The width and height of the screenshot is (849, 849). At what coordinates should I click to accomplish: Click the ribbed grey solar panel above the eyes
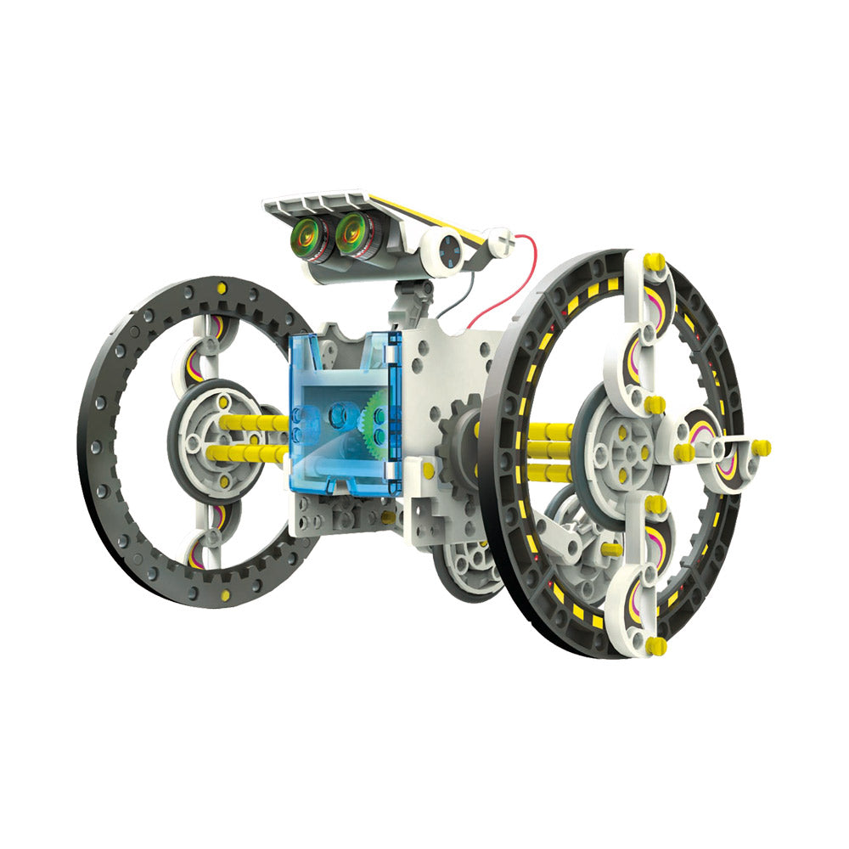point(323,205)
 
